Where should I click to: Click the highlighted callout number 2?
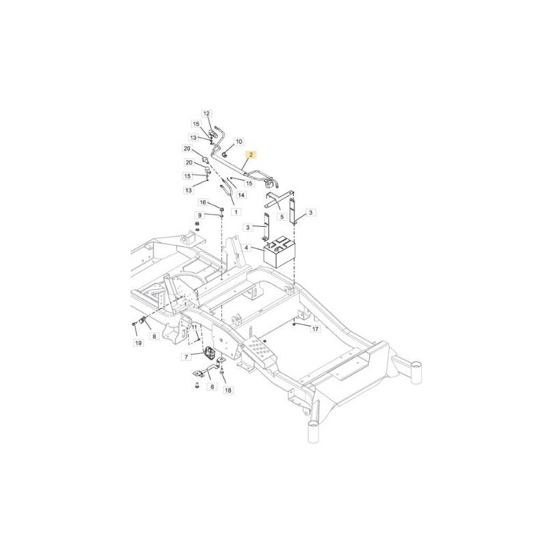coord(251,154)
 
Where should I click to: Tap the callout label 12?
coord(207,113)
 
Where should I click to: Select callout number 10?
coord(239,142)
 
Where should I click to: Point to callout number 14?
coord(241,195)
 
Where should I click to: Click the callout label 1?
coord(236,212)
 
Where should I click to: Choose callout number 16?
coord(203,203)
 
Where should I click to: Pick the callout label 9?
coord(200,215)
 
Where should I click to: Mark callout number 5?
coord(282,216)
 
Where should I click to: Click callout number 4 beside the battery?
coord(246,248)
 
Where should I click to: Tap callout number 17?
coord(315,329)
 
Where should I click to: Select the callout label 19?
coord(138,343)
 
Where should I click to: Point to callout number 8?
coord(154,336)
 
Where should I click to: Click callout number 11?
coord(194,327)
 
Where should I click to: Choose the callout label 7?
coord(187,357)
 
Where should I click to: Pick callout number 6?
coord(212,386)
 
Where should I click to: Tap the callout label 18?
coord(228,391)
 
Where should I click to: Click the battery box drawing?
coord(280,252)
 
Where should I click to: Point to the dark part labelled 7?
coord(210,353)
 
